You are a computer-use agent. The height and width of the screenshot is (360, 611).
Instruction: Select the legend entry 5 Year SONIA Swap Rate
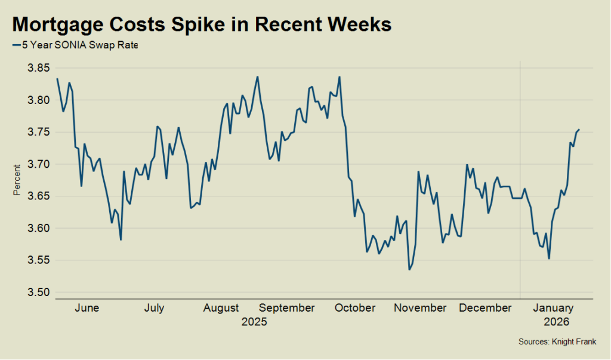pos(75,44)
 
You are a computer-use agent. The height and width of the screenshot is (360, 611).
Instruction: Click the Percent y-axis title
pos(17,180)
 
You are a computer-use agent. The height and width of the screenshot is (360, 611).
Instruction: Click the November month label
pos(420,308)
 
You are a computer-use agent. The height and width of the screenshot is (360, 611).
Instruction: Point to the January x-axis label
pos(553,308)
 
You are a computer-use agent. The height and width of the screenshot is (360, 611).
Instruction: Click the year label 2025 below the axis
pos(254,322)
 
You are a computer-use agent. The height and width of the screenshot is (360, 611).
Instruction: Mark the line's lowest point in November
pos(409,270)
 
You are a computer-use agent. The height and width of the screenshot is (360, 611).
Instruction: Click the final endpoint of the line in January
pos(579,130)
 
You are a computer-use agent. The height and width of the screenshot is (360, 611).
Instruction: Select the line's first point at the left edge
pos(57,79)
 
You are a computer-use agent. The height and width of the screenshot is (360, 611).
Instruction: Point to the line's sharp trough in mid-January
pos(549,259)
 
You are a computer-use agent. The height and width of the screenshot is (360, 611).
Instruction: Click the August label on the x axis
pos(221,308)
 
